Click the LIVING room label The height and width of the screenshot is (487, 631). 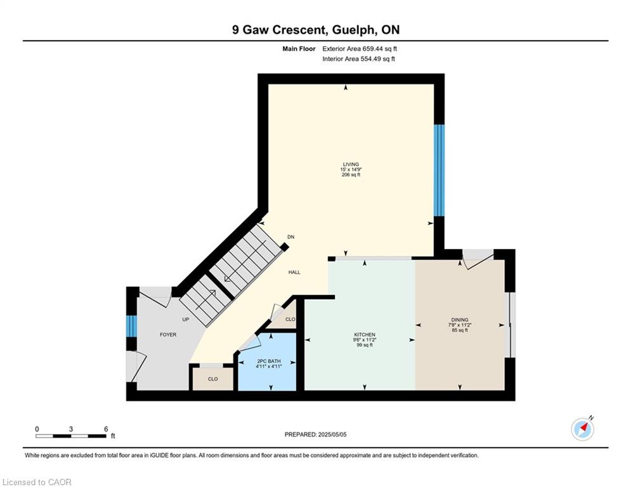(x=351, y=164)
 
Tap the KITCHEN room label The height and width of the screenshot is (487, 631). (x=365, y=334)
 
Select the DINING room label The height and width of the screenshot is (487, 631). (x=460, y=320)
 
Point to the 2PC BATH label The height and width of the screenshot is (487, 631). (x=269, y=361)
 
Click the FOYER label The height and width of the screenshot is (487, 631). (x=168, y=334)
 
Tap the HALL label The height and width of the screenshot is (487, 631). (x=294, y=272)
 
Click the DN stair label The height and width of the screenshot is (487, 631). (x=290, y=237)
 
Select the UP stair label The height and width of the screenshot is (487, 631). (x=186, y=320)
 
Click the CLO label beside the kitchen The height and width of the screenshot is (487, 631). (x=290, y=319)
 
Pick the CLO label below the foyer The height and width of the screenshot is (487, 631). (x=213, y=379)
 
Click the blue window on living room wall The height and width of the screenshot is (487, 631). (x=439, y=170)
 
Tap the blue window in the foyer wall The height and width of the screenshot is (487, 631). (x=131, y=326)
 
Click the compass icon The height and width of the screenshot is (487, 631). (x=582, y=429)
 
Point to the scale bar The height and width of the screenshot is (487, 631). (x=71, y=436)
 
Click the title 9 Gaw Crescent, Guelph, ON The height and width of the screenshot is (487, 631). (x=316, y=30)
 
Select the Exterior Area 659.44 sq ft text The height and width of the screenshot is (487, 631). (x=360, y=49)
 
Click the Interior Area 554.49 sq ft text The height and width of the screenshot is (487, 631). (x=358, y=59)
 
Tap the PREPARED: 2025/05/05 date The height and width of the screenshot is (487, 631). (x=316, y=434)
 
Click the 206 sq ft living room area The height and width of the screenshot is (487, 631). (x=351, y=174)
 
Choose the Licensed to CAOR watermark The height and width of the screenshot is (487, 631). (x=37, y=482)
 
